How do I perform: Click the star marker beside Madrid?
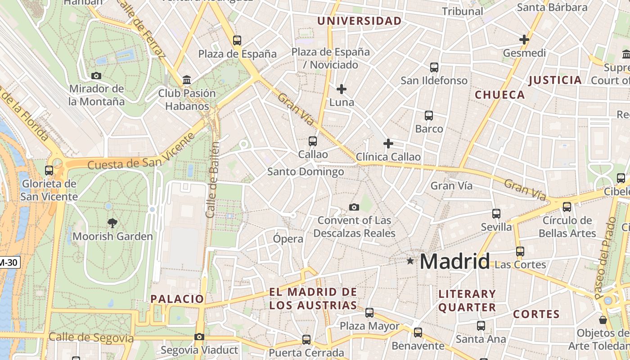(409, 261)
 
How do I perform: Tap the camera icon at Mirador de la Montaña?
(96, 76)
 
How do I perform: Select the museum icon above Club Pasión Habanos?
(187, 81)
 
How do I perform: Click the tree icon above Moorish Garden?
(112, 222)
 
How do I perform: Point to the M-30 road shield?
(10, 262)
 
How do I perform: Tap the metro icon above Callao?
(313, 141)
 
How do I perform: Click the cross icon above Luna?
(342, 89)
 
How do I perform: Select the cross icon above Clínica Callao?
(388, 144)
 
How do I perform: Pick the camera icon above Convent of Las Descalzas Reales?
(354, 207)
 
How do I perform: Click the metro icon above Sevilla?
(496, 213)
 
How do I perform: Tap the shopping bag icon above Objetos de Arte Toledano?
(603, 319)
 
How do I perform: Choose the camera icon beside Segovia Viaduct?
(199, 337)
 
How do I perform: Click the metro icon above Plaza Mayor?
(369, 312)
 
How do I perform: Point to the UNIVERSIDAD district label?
(359, 21)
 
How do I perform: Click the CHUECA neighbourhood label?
(500, 94)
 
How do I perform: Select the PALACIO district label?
(177, 299)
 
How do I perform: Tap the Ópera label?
(288, 239)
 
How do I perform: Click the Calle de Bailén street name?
(213, 180)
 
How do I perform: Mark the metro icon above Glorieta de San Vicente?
(49, 171)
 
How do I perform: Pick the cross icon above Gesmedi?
(524, 40)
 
